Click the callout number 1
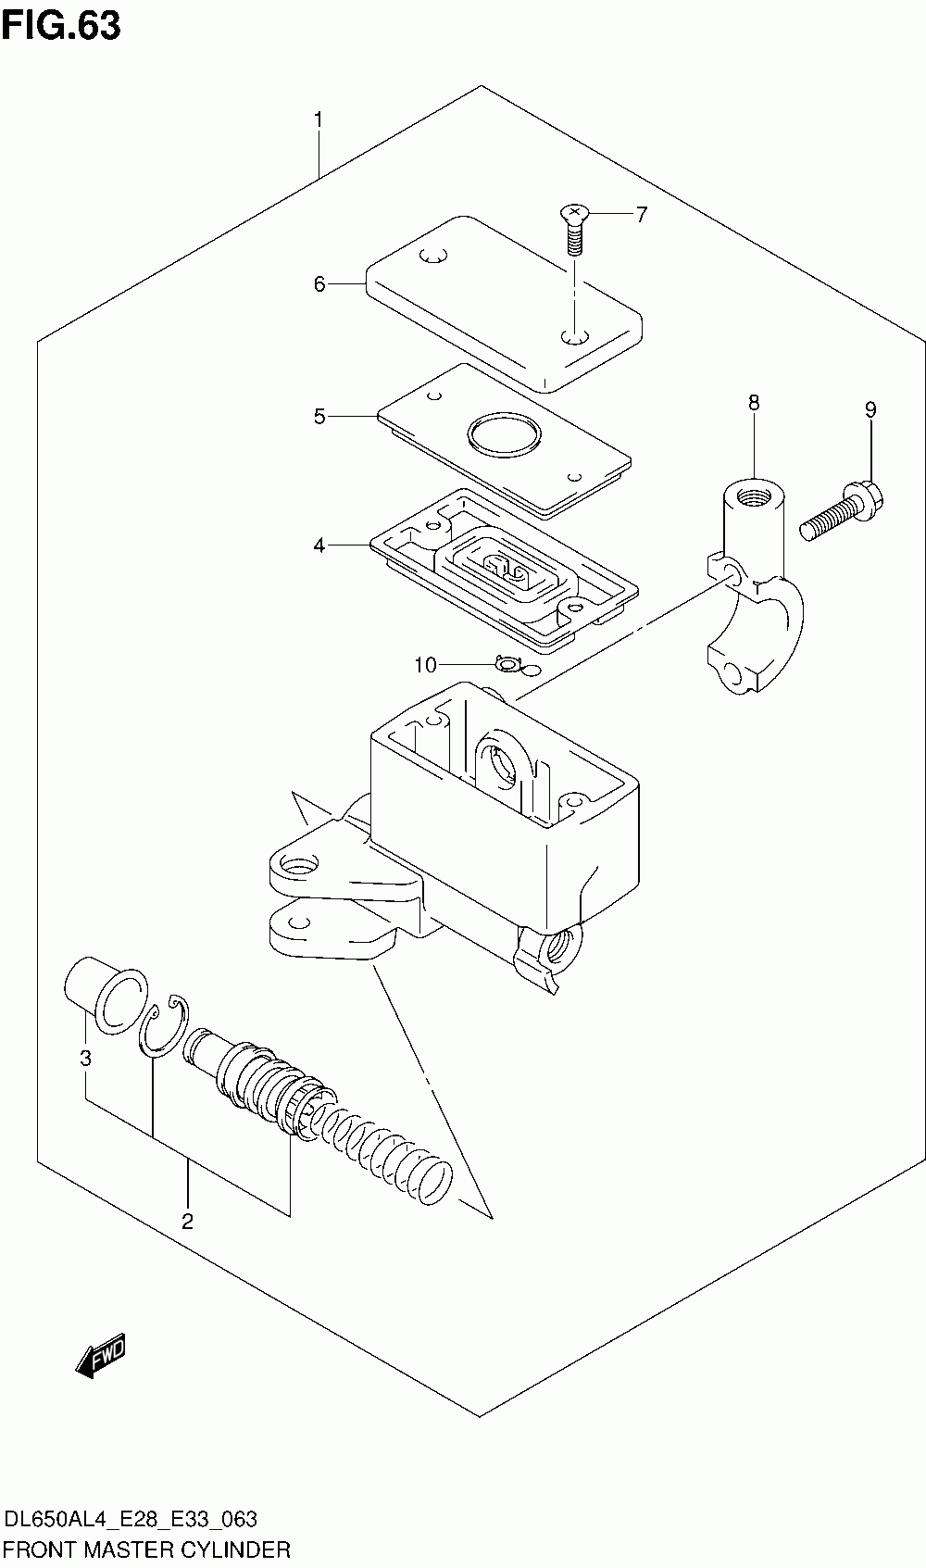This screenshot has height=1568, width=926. (319, 120)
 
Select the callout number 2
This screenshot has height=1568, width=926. (187, 1222)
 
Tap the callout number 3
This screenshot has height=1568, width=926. (85, 1058)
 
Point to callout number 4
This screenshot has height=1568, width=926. (319, 545)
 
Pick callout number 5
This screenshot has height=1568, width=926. (319, 417)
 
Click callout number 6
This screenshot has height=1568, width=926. (319, 284)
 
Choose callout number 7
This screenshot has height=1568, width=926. (642, 214)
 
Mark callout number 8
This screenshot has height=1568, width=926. (753, 403)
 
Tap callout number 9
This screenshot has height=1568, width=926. (870, 409)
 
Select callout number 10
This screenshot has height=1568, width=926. (425, 665)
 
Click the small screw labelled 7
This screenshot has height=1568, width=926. (574, 231)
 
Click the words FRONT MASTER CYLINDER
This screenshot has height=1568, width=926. (146, 1549)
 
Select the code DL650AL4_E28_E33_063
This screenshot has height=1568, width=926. (131, 1519)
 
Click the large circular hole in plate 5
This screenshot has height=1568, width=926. (505, 434)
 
